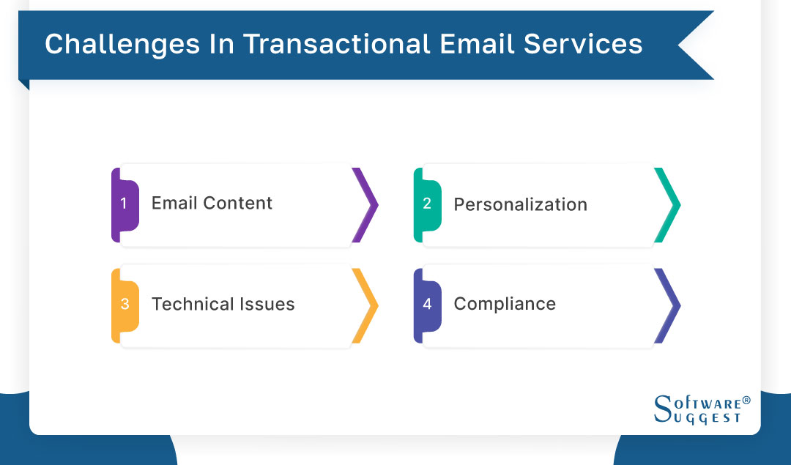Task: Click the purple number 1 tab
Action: [x=125, y=204]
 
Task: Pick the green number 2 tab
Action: [x=428, y=204]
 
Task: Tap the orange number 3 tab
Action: [x=125, y=305]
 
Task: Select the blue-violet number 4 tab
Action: [x=428, y=305]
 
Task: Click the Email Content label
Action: [x=212, y=204]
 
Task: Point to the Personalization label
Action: [x=520, y=204]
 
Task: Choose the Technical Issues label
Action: [x=223, y=304]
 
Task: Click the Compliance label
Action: [x=505, y=304]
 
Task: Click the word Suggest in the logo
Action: [x=707, y=417]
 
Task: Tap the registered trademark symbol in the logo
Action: [x=746, y=401]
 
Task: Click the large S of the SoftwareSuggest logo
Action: [x=662, y=409]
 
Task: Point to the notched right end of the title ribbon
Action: [x=692, y=45]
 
